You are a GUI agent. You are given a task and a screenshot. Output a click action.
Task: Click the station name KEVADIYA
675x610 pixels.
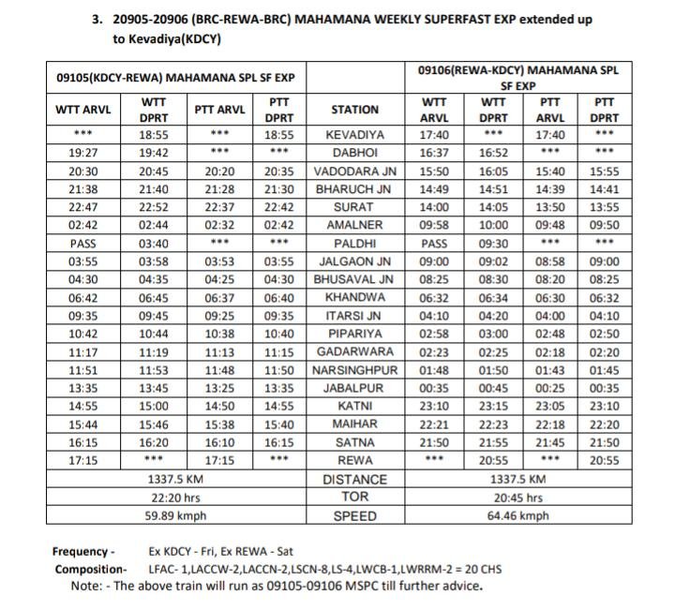click(x=355, y=135)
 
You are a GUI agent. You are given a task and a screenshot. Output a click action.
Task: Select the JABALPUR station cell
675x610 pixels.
click(x=355, y=388)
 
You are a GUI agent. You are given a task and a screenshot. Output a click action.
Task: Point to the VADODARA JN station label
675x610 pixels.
click(x=355, y=171)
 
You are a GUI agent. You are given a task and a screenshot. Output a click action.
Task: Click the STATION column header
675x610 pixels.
click(x=355, y=110)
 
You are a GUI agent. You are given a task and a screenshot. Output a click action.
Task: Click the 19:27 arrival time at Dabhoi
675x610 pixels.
click(x=83, y=154)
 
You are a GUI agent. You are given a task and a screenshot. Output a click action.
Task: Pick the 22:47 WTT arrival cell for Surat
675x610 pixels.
click(x=83, y=208)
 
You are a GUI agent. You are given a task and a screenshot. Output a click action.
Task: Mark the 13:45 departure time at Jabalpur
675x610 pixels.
click(x=155, y=388)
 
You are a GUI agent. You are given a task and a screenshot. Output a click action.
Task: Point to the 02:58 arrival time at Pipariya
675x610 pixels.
click(x=434, y=334)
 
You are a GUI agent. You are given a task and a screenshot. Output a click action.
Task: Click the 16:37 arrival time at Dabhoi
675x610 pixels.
click(x=434, y=154)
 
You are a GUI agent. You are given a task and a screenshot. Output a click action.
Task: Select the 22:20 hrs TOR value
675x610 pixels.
click(x=175, y=497)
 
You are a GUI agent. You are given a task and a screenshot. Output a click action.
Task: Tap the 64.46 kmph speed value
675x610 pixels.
click(x=518, y=515)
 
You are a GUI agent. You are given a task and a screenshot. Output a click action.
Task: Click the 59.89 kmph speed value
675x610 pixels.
click(x=175, y=515)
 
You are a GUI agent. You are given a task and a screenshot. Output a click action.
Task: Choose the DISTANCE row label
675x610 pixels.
click(x=355, y=479)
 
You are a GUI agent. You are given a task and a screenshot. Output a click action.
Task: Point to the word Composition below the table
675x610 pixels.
click(x=90, y=570)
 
